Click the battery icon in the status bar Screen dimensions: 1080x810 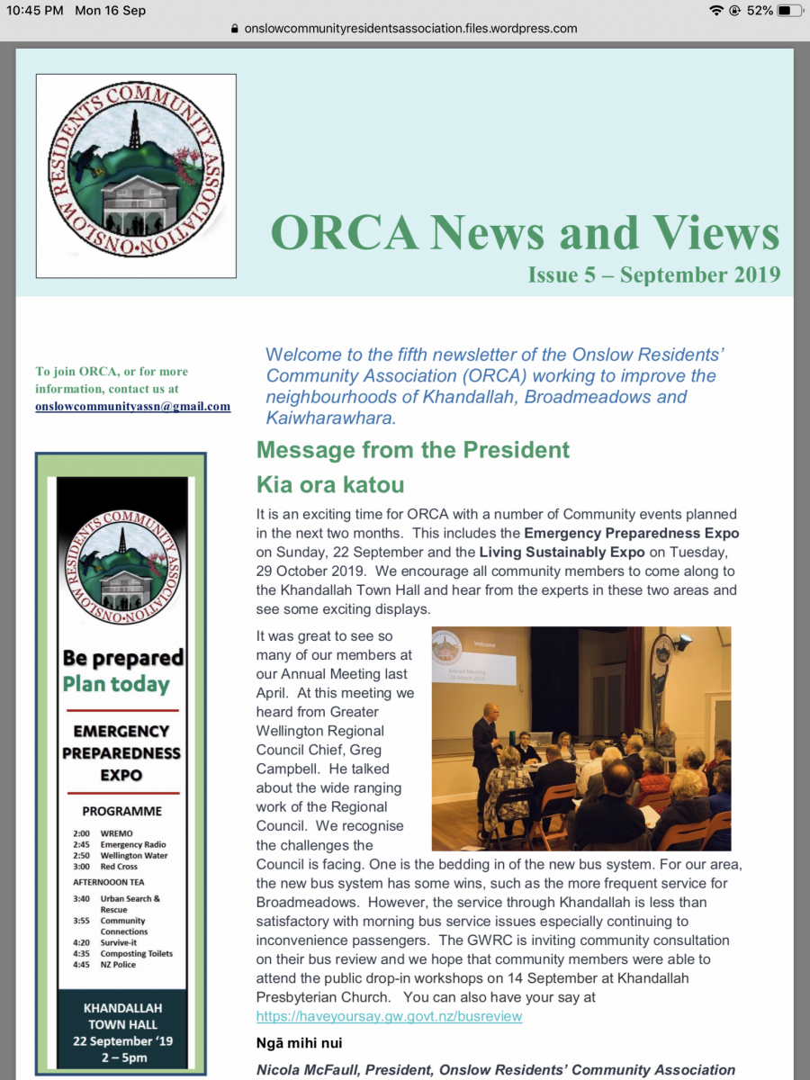click(x=789, y=11)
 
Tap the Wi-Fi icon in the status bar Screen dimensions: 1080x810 click(x=716, y=11)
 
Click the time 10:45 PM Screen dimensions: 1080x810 click(x=35, y=11)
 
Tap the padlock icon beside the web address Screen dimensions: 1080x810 click(x=236, y=29)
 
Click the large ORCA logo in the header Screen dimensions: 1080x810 click(x=136, y=175)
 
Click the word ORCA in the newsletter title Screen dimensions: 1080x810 click(x=345, y=233)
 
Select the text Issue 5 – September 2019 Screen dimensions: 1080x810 click(x=653, y=274)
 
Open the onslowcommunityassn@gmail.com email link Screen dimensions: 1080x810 click(x=132, y=406)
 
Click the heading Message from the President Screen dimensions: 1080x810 click(x=413, y=449)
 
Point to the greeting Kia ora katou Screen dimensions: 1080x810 click(x=330, y=485)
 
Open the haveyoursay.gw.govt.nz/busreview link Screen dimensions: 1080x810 click(x=389, y=1016)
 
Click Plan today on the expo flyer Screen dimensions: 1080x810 click(x=116, y=685)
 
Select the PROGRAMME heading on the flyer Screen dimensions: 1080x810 click(x=122, y=811)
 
